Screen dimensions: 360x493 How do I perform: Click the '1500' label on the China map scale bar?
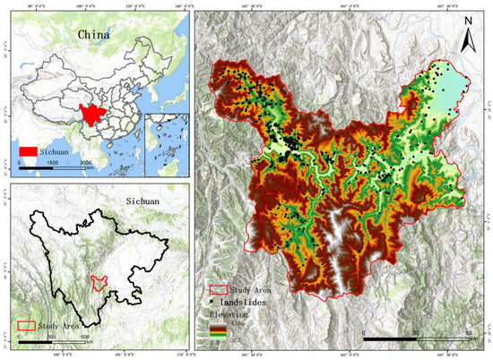pos(56,163)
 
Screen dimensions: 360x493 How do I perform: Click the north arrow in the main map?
pos(467,39)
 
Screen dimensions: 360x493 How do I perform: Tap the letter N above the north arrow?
pos(467,20)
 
